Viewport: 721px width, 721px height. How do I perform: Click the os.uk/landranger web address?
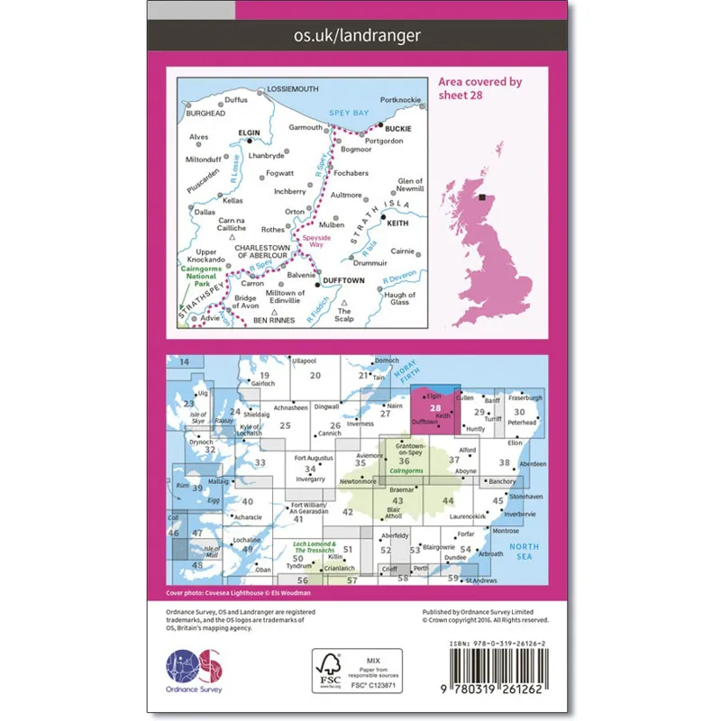(x=359, y=36)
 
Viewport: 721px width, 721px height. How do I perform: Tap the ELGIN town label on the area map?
(x=248, y=133)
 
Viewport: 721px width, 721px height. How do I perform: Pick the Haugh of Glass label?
(x=399, y=299)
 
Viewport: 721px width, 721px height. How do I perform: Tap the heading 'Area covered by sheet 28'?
(x=480, y=88)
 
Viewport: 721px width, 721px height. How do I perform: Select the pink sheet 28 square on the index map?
(x=435, y=406)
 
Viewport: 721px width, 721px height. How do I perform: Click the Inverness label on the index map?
(x=360, y=424)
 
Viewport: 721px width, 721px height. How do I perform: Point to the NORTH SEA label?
(x=525, y=551)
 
